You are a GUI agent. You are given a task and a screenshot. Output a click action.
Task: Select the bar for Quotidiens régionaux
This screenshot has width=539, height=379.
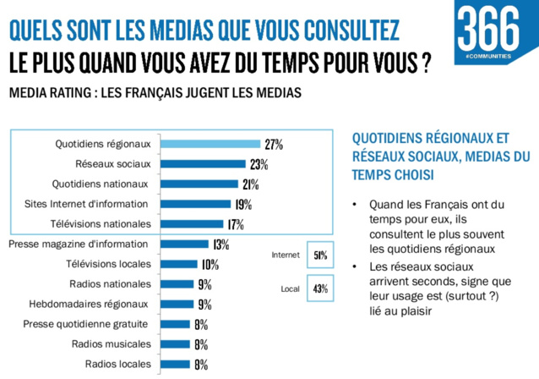210,144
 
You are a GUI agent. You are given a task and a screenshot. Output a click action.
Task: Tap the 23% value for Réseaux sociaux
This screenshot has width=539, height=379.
259,164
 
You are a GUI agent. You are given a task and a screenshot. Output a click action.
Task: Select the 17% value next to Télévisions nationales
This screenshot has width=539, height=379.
235,224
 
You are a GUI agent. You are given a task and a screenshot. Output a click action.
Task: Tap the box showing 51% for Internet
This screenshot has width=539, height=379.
320,255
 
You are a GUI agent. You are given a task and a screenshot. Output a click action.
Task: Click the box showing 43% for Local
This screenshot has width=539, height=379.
320,288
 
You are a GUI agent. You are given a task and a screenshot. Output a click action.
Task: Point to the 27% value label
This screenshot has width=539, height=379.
273,145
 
